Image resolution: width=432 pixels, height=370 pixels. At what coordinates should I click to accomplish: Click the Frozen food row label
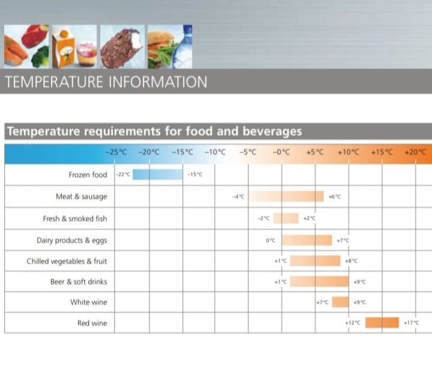(88, 175)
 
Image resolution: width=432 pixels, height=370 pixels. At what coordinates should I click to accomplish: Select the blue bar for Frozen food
(157, 175)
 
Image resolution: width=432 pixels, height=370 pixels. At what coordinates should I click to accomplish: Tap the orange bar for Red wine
(382, 323)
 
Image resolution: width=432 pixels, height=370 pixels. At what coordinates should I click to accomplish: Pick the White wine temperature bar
(340, 302)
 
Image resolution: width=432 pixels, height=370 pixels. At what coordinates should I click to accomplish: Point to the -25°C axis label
(116, 152)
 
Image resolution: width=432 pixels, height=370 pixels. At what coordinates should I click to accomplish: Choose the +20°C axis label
(415, 152)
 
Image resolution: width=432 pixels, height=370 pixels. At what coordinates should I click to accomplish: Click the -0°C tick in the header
(281, 152)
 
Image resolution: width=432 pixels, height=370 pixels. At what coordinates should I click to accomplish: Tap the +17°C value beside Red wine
(411, 323)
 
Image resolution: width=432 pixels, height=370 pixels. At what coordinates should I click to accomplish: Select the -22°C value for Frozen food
(122, 175)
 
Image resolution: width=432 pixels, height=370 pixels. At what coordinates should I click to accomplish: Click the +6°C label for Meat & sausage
(335, 197)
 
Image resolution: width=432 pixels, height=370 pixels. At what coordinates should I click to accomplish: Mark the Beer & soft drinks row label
(79, 281)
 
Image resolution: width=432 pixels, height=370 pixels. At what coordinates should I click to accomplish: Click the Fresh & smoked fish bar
(290, 218)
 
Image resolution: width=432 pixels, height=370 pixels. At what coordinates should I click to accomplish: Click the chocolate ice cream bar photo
(122, 46)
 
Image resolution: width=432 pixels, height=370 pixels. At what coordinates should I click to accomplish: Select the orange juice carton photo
(67, 47)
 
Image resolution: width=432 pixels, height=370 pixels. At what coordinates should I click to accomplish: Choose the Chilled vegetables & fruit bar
(316, 261)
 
